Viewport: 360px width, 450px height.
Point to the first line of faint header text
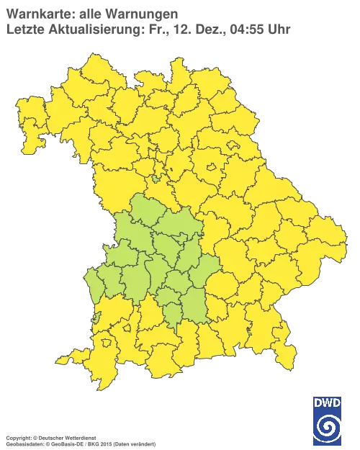coord(90,12)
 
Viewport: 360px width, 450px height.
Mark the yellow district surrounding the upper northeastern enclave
coord(241,155)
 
